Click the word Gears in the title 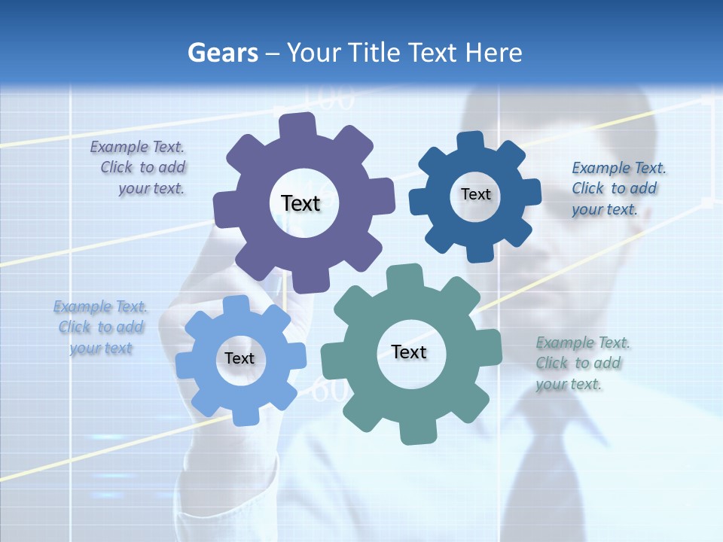(222, 53)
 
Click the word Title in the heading (374, 53)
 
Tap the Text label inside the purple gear (300, 203)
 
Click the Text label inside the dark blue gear (475, 194)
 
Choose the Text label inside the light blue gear (239, 358)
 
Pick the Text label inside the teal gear (409, 352)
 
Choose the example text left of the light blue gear (101, 327)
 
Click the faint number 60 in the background (330, 391)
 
